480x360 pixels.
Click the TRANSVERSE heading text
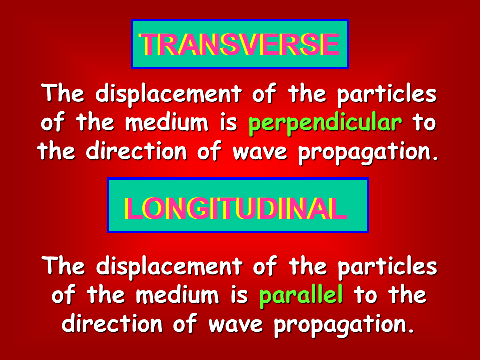pyautogui.click(x=239, y=44)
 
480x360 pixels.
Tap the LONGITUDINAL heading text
pyautogui.click(x=235, y=208)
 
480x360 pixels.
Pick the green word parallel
pyautogui.click(x=301, y=296)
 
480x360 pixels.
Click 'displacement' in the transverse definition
pyautogui.click(x=169, y=93)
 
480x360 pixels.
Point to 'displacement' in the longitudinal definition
pyautogui.click(x=169, y=266)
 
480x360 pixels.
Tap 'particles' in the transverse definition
pyautogui.click(x=387, y=93)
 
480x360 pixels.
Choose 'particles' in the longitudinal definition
pyautogui.click(x=388, y=266)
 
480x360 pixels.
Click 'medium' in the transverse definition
pyautogui.click(x=167, y=123)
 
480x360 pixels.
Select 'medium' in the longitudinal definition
pyautogui.click(x=177, y=295)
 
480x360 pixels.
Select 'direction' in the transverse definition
pyautogui.click(x=136, y=151)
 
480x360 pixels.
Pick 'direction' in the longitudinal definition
pyautogui.click(x=112, y=324)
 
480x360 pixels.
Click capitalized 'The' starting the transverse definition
pyautogui.click(x=63, y=93)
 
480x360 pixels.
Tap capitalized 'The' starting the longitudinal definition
pyautogui.click(x=63, y=266)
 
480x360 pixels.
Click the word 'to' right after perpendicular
pyautogui.click(x=424, y=123)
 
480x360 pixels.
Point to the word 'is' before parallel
pyautogui.click(x=239, y=295)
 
